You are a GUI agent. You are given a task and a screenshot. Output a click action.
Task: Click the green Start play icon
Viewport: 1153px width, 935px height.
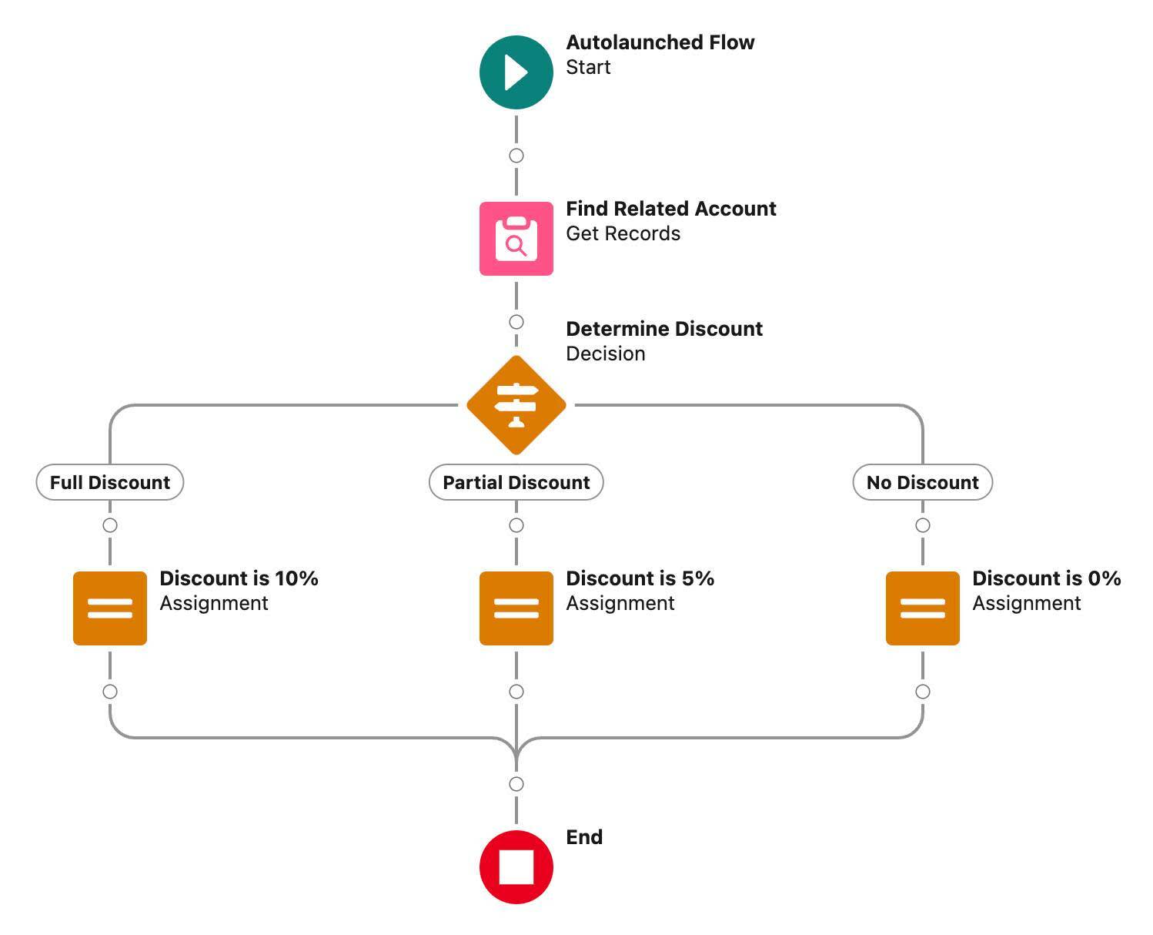click(x=516, y=72)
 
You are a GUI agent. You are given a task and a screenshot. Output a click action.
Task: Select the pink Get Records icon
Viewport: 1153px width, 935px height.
click(x=516, y=239)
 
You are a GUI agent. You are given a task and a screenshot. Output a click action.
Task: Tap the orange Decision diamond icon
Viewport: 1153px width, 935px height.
click(x=516, y=404)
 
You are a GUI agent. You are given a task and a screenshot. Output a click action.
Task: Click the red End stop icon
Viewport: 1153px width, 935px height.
click(x=516, y=866)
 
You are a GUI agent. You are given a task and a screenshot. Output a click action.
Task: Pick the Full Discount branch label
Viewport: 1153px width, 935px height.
click(x=110, y=482)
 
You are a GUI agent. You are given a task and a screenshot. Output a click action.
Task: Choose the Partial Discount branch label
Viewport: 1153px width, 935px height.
click(x=516, y=482)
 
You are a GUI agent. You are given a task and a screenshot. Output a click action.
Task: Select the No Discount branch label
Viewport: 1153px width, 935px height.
click(x=922, y=482)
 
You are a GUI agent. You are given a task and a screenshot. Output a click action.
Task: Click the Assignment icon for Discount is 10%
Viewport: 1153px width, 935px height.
click(x=110, y=608)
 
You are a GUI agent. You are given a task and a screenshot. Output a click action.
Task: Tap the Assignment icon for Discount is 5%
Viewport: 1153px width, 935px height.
click(x=516, y=608)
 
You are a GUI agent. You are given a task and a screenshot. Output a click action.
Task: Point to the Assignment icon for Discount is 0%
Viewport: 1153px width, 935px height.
click(x=922, y=608)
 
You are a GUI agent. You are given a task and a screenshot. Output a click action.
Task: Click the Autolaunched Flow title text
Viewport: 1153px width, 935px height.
click(x=660, y=42)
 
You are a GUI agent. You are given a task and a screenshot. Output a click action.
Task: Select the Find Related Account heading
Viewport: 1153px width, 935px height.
click(x=670, y=209)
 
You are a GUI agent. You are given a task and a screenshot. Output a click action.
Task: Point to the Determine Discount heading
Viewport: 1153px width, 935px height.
click(x=663, y=329)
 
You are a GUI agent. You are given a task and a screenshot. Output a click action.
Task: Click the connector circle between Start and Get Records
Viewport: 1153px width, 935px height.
click(x=516, y=156)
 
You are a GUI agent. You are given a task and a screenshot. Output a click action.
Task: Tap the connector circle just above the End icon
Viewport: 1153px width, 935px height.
click(x=516, y=784)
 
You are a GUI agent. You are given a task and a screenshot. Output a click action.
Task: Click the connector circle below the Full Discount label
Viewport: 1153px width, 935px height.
click(x=110, y=525)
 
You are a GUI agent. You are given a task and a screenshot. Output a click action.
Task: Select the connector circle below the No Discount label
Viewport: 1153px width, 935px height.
click(x=922, y=525)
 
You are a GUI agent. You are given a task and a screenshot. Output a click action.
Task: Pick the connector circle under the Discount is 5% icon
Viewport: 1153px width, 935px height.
click(x=516, y=692)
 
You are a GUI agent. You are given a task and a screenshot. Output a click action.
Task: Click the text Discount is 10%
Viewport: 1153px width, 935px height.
click(x=239, y=578)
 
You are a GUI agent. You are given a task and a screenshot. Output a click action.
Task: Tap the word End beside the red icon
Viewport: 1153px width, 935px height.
click(x=583, y=837)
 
